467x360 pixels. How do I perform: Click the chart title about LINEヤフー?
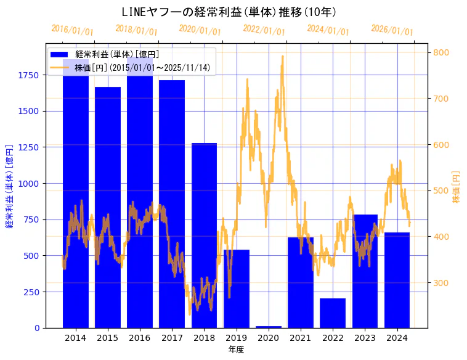click(229, 12)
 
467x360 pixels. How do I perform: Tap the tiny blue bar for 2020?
click(269, 327)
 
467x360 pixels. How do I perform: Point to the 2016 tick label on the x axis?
click(140, 338)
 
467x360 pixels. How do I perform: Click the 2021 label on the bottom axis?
click(301, 338)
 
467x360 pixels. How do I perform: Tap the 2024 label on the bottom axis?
click(397, 338)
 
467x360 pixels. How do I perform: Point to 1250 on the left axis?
click(28, 147)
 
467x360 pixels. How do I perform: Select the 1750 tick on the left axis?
click(28, 75)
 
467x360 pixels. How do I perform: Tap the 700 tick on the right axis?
click(442, 99)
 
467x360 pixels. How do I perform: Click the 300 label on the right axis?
click(442, 283)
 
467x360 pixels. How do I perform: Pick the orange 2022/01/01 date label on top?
click(264, 30)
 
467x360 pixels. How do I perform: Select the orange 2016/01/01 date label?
click(72, 30)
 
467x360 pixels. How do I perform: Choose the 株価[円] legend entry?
click(145, 67)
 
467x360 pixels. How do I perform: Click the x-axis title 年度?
click(237, 350)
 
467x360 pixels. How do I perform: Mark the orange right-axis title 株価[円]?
click(457, 187)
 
